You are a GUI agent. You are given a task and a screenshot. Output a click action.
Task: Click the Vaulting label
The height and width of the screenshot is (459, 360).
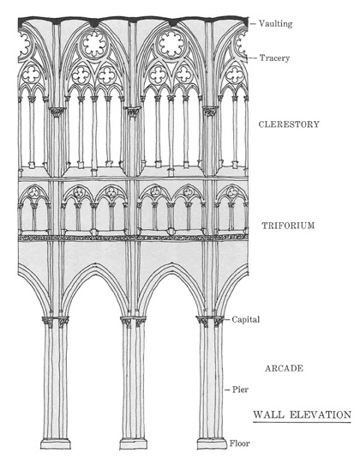(x=275, y=23)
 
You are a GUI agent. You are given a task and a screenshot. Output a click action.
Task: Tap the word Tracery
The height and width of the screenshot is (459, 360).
(x=274, y=58)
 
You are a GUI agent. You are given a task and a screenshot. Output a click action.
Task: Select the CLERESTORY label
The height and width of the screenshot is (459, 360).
(x=289, y=124)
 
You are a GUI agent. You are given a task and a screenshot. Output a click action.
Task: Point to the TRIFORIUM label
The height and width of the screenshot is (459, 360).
(x=288, y=226)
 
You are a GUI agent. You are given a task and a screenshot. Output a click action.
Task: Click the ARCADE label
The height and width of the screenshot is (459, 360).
(x=284, y=368)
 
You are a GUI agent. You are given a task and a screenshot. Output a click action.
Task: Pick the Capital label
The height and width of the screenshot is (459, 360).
(x=246, y=319)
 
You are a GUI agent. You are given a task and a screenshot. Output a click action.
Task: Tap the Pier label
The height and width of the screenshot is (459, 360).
(x=240, y=390)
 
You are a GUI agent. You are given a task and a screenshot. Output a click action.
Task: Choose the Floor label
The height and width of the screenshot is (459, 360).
(x=240, y=444)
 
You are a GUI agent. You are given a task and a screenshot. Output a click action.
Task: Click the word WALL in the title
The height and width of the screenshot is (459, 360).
(x=268, y=414)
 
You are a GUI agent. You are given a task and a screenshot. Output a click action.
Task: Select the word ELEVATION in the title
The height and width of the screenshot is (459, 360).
(x=321, y=414)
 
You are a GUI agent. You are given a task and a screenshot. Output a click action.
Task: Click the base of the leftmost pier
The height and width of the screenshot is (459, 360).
(x=56, y=444)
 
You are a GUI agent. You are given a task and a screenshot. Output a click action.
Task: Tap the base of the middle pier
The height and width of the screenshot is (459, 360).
(x=134, y=444)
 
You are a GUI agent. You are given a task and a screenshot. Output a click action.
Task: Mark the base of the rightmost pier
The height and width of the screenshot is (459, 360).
(x=212, y=444)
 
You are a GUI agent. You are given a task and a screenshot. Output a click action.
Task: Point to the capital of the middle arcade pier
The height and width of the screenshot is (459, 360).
(x=134, y=321)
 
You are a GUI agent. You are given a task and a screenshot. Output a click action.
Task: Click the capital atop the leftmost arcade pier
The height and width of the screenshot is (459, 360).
(x=56, y=321)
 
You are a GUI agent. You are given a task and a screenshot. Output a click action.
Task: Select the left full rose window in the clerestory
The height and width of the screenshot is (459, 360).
(x=94, y=45)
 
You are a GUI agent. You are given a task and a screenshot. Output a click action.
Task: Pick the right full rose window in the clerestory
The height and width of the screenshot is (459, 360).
(x=171, y=45)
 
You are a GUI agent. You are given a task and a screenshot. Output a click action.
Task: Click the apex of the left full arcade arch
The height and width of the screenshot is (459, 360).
(x=94, y=263)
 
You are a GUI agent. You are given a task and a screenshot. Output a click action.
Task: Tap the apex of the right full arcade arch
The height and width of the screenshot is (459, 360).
(x=171, y=263)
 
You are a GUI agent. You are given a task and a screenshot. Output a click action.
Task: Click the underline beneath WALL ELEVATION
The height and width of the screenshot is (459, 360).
(x=302, y=422)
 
